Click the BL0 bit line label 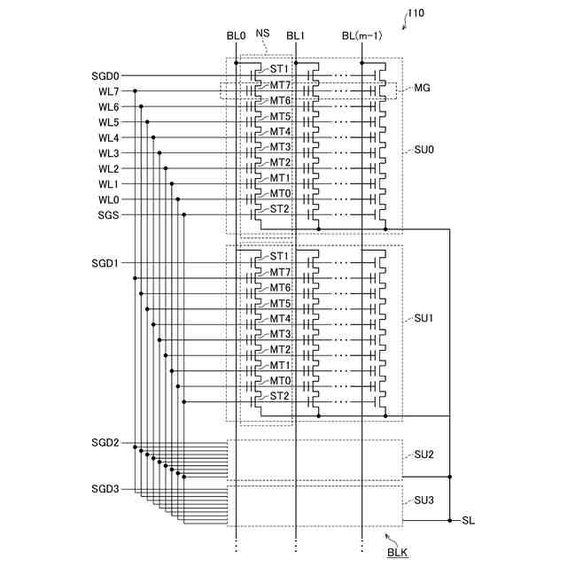point(236,36)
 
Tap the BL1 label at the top point(295,36)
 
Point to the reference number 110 point(416,14)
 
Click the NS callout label point(262,33)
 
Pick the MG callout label point(423,89)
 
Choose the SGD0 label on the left point(105,76)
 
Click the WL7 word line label point(108,91)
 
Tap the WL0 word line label point(108,199)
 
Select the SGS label point(108,215)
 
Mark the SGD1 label point(105,264)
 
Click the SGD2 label point(105,442)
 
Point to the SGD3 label point(105,488)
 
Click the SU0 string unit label point(423,151)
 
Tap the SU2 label point(423,454)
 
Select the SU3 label point(423,501)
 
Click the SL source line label point(469,520)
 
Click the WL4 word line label point(108,137)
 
